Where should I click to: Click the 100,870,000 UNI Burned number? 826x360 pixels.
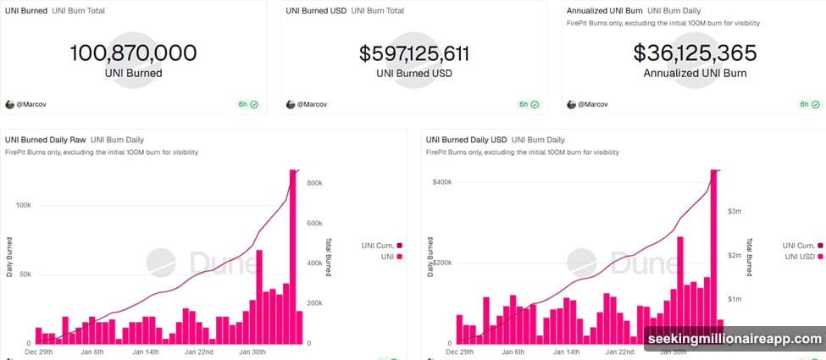point(133,53)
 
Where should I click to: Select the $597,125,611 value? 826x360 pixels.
point(413,53)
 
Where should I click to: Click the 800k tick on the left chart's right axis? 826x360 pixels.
point(313,183)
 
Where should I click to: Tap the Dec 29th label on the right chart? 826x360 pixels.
point(463,351)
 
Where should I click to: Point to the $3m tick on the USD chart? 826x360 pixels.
point(735,211)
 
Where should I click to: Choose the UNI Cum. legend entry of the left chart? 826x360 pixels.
point(381,245)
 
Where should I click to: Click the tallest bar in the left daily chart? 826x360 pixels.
point(293,254)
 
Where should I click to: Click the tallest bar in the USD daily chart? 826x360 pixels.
point(713,254)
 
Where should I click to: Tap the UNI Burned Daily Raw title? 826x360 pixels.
point(44,139)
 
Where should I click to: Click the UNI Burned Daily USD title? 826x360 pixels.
point(466,139)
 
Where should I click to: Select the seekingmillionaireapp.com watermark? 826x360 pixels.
point(734,339)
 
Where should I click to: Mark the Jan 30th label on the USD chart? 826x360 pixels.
point(673,351)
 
